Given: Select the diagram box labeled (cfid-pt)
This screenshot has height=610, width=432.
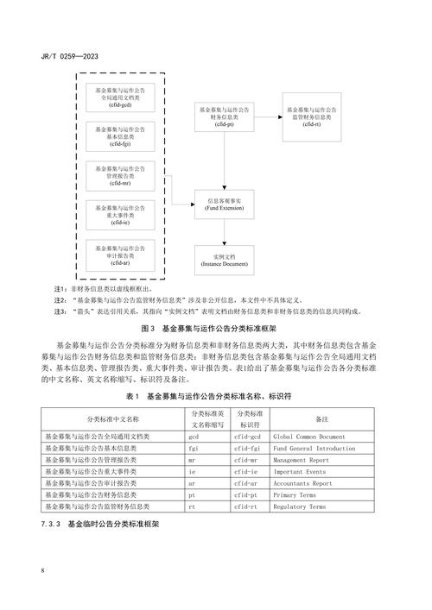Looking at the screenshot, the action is point(225,118).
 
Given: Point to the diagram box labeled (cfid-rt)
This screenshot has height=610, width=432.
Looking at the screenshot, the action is point(312,118).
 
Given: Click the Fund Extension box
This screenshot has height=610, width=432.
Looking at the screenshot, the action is point(225,204).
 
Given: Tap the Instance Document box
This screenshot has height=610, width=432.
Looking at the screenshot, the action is point(225,261).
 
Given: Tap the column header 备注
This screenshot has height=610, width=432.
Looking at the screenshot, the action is point(321,418).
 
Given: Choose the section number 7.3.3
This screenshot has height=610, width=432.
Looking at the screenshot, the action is point(52,525).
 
